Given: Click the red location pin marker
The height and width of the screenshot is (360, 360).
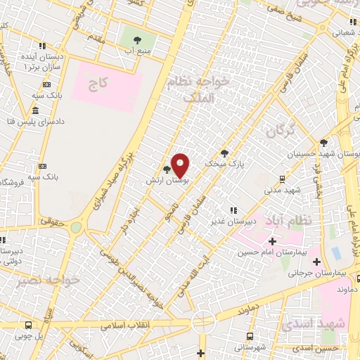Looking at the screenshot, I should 181,165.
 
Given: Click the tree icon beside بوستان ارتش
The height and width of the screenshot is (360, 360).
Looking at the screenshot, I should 167,169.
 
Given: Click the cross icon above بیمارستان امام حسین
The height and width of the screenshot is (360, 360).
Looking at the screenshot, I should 272,241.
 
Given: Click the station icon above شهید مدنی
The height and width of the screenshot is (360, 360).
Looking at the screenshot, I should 282,179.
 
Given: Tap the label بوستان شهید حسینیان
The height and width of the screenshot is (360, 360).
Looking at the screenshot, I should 324,153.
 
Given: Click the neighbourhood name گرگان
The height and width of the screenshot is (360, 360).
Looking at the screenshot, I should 281,131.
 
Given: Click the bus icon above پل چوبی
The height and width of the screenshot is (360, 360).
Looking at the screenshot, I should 28,326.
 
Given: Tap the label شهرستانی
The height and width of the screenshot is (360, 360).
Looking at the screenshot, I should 251,347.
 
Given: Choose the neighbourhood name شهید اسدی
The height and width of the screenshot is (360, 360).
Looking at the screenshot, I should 309,324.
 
